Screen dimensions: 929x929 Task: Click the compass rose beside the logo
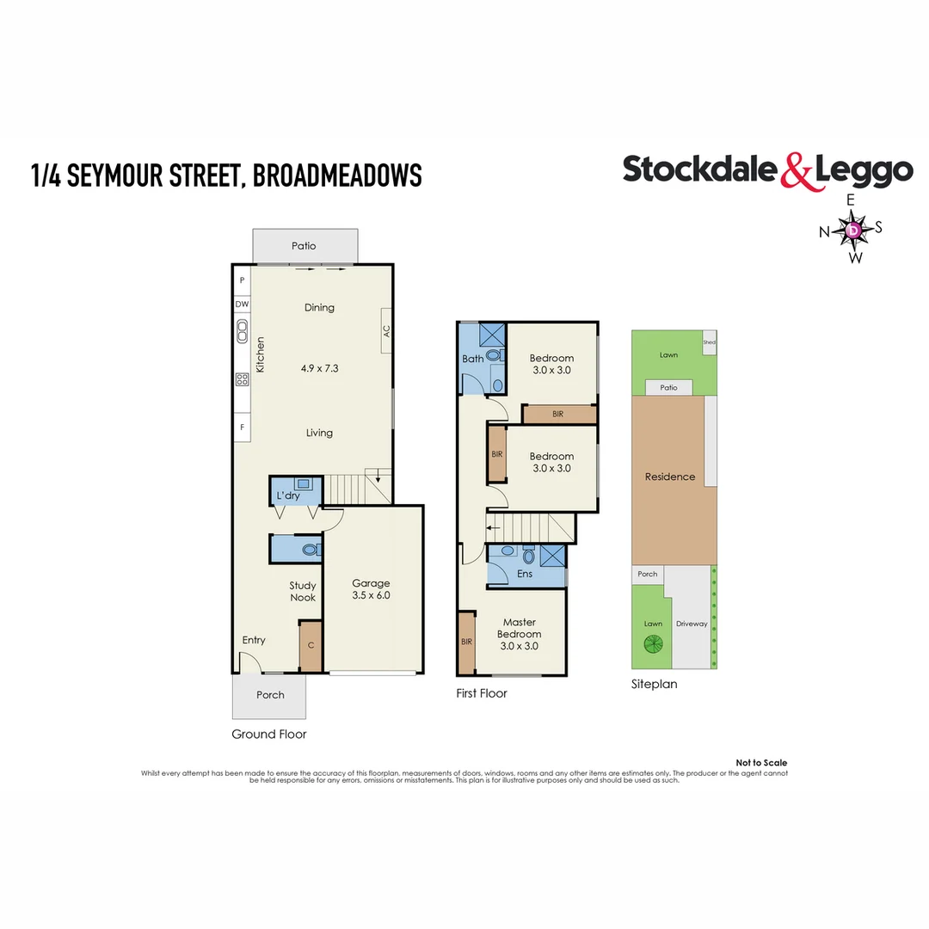tap(852, 230)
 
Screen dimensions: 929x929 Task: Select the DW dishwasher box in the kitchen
tap(242, 304)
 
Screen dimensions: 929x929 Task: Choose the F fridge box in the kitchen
tap(242, 427)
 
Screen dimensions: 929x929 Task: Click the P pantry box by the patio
tap(242, 280)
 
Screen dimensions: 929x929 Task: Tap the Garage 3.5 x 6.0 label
tap(371, 589)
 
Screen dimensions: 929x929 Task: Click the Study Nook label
tap(302, 592)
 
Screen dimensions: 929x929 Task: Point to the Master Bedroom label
tap(519, 633)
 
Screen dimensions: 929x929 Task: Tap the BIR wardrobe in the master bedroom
tap(466, 642)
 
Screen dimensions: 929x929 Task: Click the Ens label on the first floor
tap(525, 574)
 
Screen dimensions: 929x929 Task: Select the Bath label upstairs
tap(472, 359)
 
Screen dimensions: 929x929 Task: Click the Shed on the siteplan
tap(709, 341)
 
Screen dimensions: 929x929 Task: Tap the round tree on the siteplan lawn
tap(652, 644)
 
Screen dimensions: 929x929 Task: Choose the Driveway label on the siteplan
tap(692, 624)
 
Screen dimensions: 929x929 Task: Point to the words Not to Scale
tap(761, 763)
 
